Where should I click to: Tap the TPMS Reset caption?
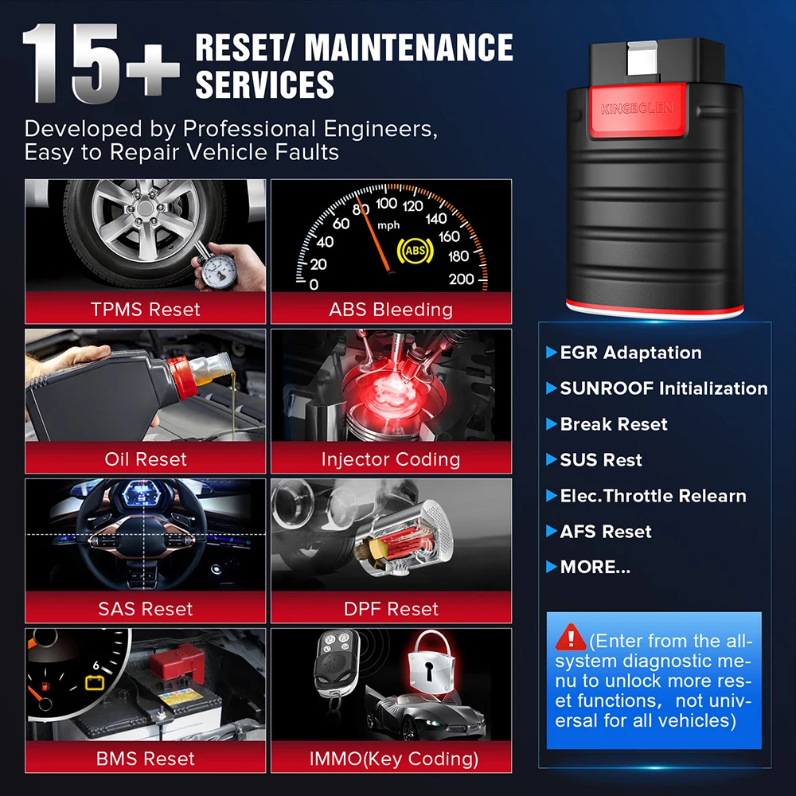[x=146, y=309]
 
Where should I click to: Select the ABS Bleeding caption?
[x=391, y=309]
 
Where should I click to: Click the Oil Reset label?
[x=146, y=459]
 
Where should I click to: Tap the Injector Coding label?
[x=391, y=459]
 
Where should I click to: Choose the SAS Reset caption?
[x=146, y=609]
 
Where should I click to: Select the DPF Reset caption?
[x=391, y=609]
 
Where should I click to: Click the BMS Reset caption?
[x=146, y=759]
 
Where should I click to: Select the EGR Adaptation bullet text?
[x=630, y=353]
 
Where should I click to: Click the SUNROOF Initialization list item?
[x=663, y=388]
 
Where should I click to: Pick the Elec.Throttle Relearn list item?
[x=653, y=496]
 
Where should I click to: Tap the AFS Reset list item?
[x=605, y=532]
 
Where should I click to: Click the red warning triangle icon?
[x=571, y=637]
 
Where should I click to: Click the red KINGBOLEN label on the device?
[x=637, y=108]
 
